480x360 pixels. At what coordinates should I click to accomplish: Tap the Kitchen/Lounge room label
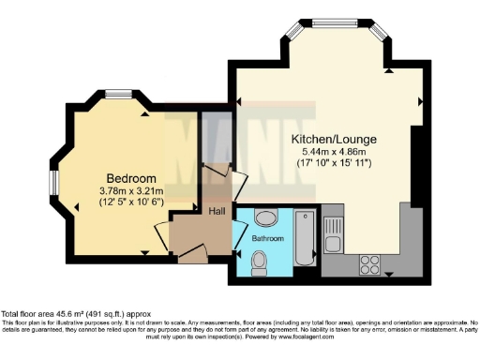click(331, 137)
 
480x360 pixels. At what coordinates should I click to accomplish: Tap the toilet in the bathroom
click(261, 266)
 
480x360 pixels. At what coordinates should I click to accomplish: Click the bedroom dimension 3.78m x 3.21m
click(129, 190)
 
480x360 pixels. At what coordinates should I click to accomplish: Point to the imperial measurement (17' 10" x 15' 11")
click(331, 163)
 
